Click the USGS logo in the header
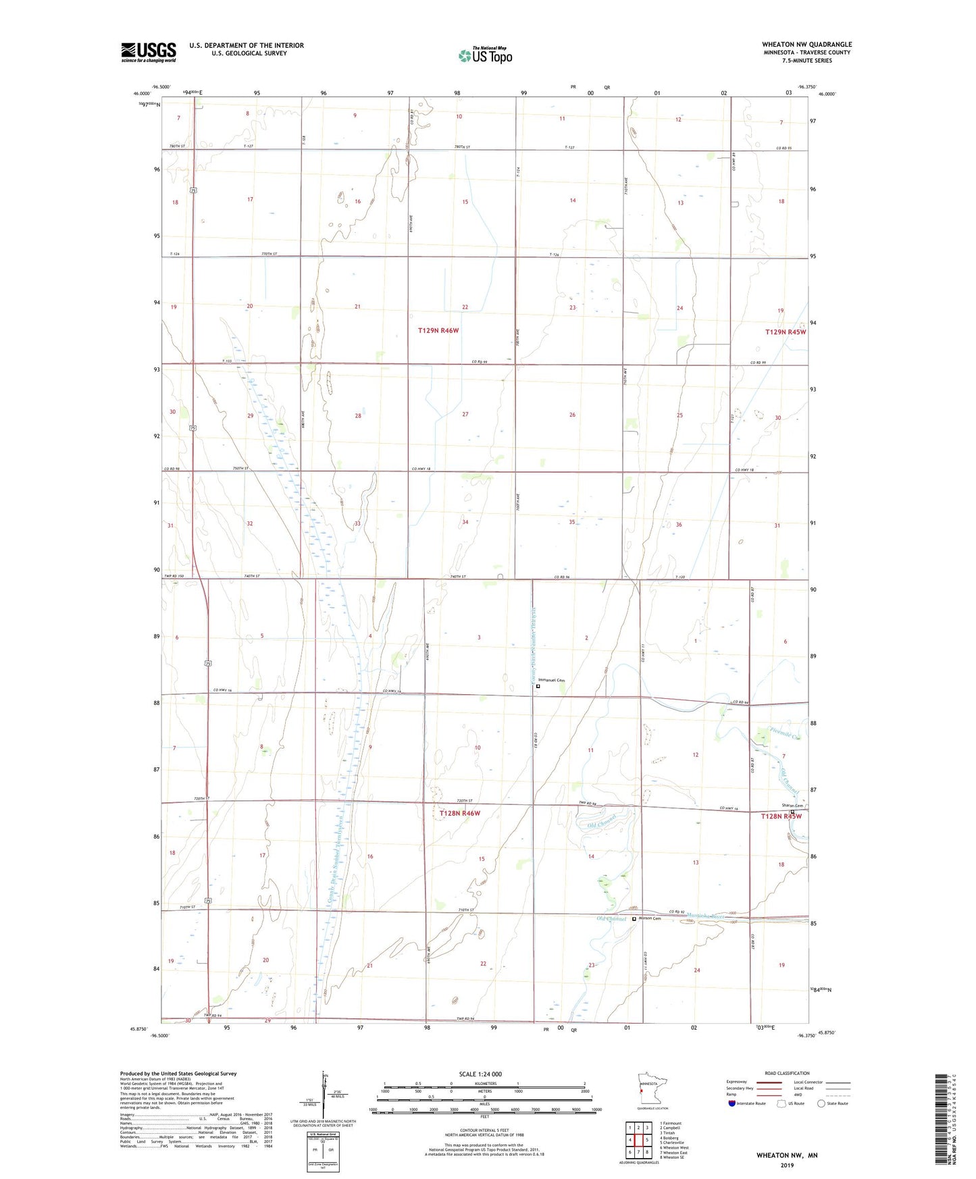click(x=148, y=52)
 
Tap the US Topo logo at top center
click(x=484, y=55)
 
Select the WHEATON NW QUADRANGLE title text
click(x=806, y=45)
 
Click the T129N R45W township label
click(x=786, y=332)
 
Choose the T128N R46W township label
click(x=459, y=813)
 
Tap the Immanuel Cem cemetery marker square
click(x=538, y=686)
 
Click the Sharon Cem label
click(x=792, y=806)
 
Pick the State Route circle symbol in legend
click(x=821, y=1103)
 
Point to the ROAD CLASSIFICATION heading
click(x=787, y=1073)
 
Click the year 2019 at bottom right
click(x=787, y=1165)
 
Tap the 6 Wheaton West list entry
click(x=674, y=1148)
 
